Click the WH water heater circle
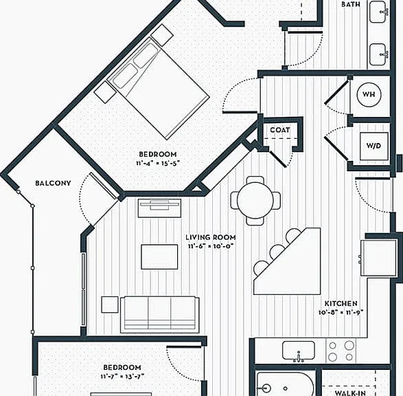click(369, 94)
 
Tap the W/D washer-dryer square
click(374, 146)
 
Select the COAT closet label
click(280, 130)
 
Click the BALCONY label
click(53, 183)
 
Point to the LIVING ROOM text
click(211, 237)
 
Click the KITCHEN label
click(341, 304)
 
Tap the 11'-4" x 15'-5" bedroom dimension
click(158, 164)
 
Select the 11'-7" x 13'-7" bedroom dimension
click(122, 377)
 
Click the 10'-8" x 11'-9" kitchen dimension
click(341, 312)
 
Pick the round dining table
click(255, 201)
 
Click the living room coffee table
click(159, 257)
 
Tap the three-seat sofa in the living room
click(159, 314)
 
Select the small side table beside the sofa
click(110, 305)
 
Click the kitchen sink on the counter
click(299, 351)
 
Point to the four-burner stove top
click(341, 351)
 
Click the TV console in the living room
click(159, 208)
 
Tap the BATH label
click(351, 4)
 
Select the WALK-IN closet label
click(351, 393)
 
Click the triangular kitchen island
click(287, 261)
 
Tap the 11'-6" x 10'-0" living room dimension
click(211, 246)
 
